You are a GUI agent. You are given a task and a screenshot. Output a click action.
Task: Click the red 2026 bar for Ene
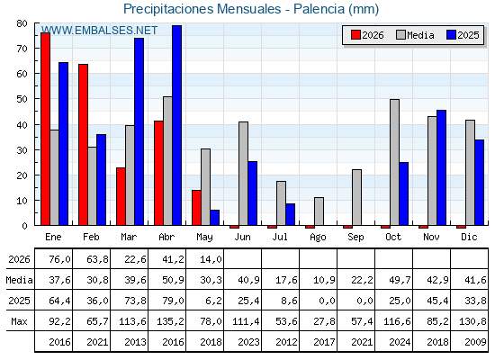(45, 129)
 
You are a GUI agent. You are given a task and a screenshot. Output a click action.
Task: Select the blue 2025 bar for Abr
(177, 125)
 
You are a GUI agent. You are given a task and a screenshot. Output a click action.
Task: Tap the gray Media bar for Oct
(394, 162)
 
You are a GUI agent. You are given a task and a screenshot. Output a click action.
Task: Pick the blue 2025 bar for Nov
(441, 167)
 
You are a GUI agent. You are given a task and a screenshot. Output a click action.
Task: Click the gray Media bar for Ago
(319, 211)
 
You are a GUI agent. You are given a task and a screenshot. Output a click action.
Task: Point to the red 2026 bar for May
(196, 208)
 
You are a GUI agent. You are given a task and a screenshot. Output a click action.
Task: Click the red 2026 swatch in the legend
(355, 35)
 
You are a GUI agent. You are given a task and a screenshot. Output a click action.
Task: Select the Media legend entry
(415, 35)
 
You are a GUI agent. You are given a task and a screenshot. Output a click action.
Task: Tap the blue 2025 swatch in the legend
(451, 35)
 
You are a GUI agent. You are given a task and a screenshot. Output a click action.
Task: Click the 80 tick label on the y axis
(22, 23)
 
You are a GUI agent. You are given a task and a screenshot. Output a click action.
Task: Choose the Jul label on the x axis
(280, 238)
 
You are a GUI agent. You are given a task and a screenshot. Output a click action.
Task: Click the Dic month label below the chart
(469, 238)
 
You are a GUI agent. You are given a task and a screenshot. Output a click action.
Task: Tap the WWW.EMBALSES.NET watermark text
(99, 31)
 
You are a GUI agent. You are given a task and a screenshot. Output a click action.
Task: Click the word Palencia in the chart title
(319, 9)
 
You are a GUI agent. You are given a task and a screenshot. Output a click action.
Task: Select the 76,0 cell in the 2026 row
(59, 259)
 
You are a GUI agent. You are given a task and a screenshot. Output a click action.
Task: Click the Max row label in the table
(19, 321)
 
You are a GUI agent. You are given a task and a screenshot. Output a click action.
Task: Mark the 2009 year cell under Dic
(475, 342)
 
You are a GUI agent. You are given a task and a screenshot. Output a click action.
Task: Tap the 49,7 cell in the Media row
(400, 280)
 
